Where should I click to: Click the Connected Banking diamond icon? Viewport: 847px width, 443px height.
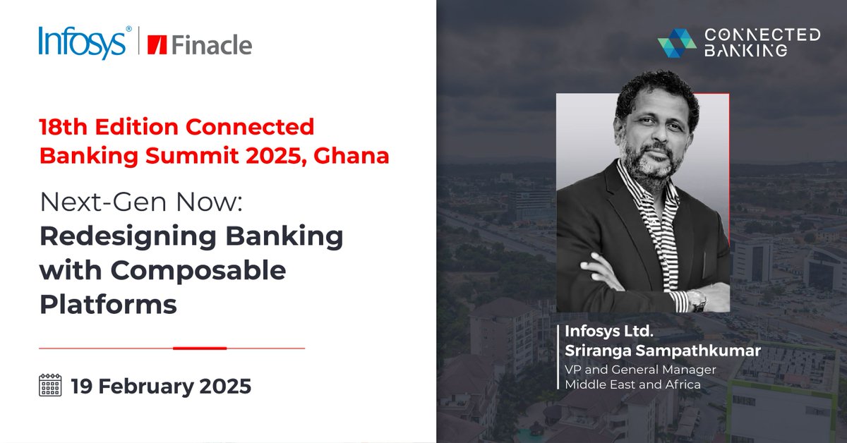[x=676, y=43]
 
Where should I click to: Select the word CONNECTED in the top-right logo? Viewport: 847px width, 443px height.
[x=762, y=35]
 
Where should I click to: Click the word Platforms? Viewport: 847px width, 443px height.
[x=107, y=304]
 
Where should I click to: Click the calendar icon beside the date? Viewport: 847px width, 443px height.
[x=50, y=386]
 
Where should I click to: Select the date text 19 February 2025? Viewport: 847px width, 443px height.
[x=160, y=387]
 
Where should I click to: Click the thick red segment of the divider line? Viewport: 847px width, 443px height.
[x=200, y=348]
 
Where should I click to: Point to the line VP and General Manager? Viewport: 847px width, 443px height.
[x=640, y=370]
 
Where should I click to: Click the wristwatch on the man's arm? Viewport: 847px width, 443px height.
[x=697, y=299]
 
